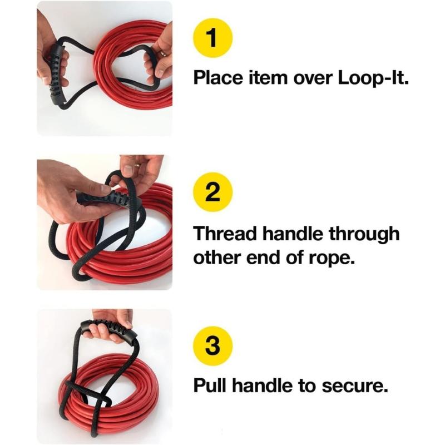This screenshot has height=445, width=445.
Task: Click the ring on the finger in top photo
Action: pos(161,53)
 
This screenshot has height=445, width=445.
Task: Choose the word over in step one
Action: pos(315,77)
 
